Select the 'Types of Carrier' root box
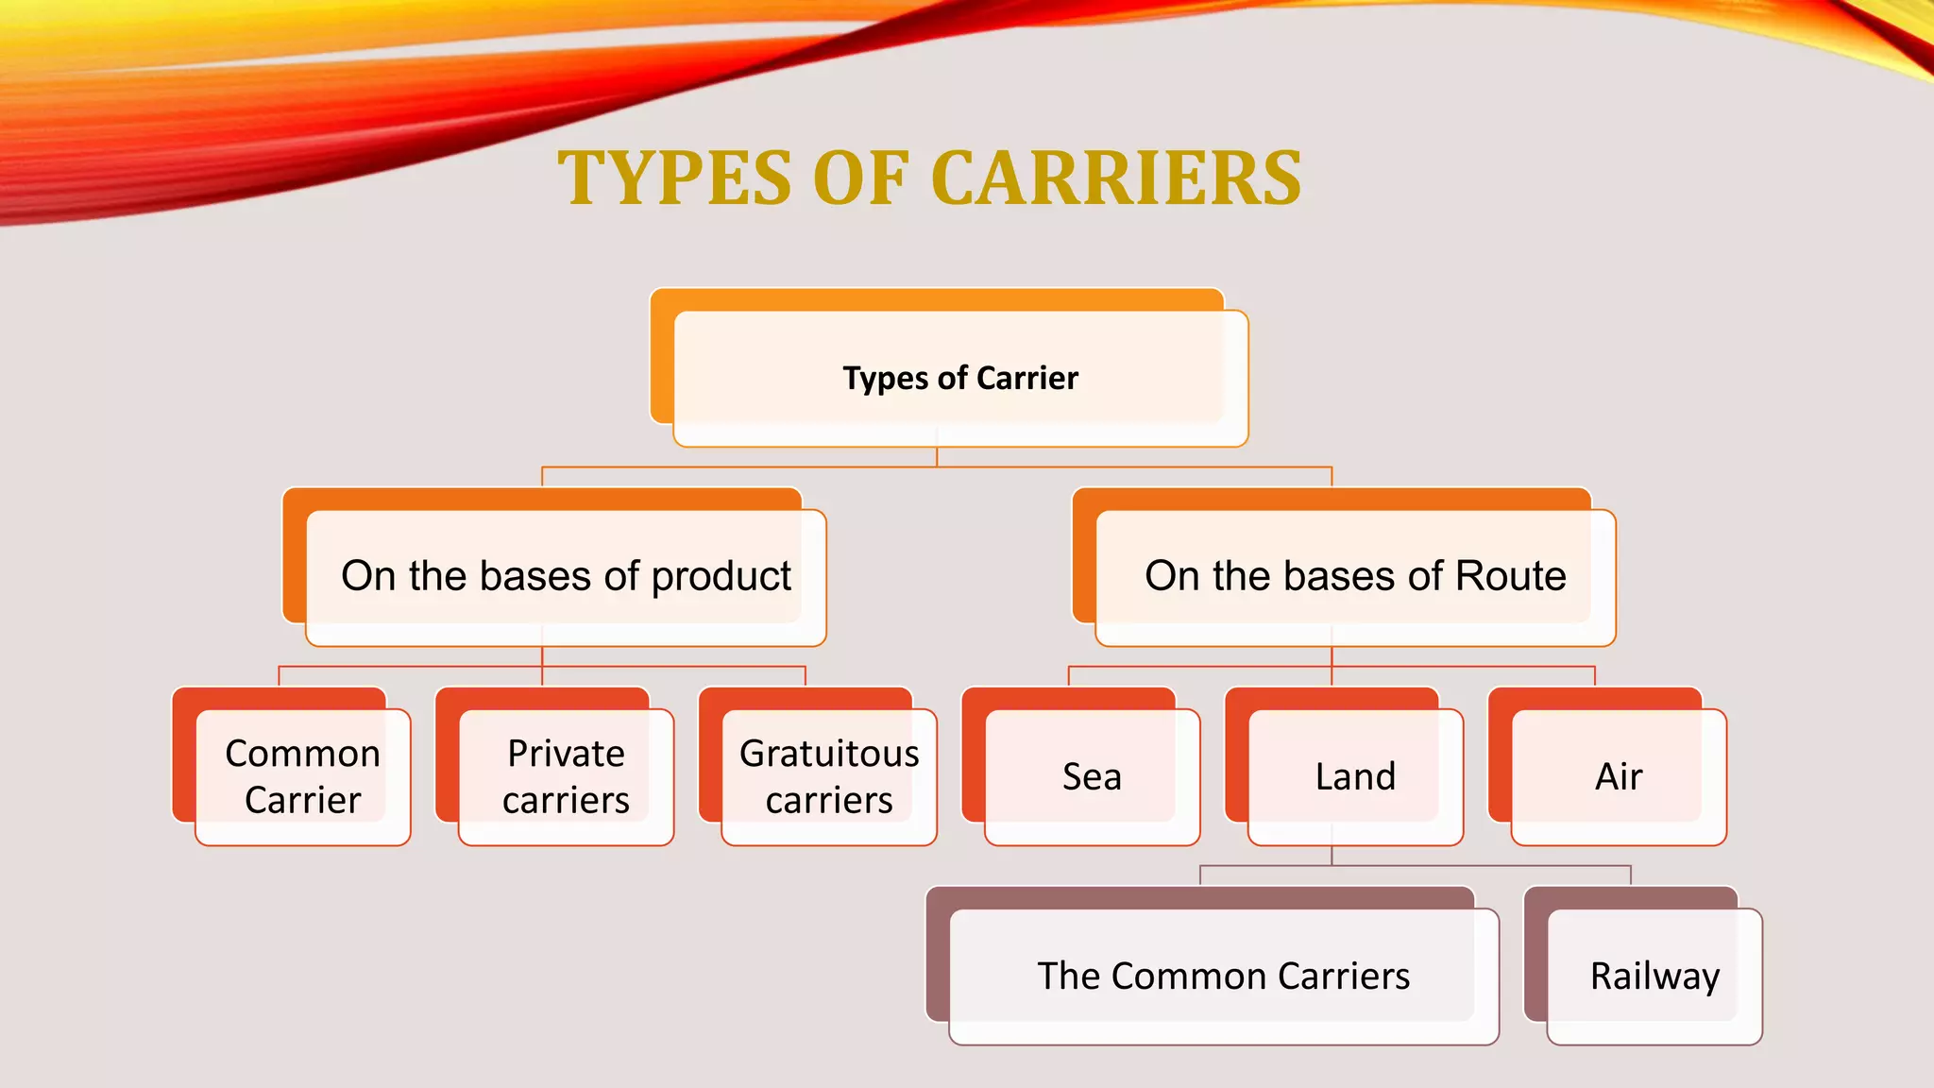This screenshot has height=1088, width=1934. click(x=960, y=378)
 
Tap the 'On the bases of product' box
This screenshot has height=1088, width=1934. click(x=566, y=576)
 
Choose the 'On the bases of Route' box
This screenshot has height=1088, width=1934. click(x=1355, y=576)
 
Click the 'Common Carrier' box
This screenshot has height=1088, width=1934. click(x=302, y=776)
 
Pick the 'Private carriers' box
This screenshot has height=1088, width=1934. click(x=566, y=776)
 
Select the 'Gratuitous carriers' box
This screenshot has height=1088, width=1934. click(x=829, y=776)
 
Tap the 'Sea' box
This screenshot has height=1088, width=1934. click(x=1092, y=776)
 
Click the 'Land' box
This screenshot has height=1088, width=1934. click(x=1355, y=776)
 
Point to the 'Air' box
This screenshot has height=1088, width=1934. click(x=1619, y=776)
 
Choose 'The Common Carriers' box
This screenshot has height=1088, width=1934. click(x=1224, y=976)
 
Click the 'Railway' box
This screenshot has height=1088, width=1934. click(x=1654, y=976)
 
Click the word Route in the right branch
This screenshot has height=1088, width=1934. click(x=1511, y=576)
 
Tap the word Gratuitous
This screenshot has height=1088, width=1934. click(x=829, y=754)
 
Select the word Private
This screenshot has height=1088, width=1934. click(x=566, y=754)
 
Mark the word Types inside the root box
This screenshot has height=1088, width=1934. click(x=885, y=379)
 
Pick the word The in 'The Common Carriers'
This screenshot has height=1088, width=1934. click(x=1069, y=976)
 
